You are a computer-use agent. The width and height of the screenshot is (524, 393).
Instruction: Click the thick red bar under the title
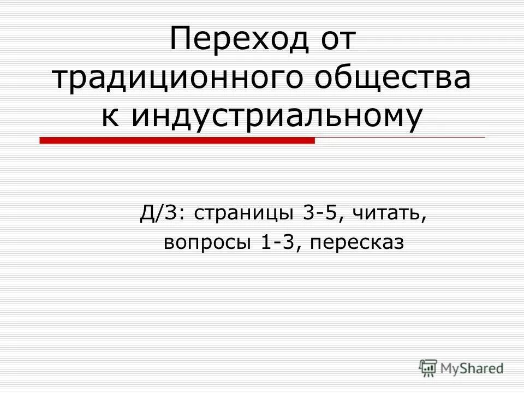click(x=177, y=141)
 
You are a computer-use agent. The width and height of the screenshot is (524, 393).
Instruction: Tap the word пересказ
click(x=358, y=243)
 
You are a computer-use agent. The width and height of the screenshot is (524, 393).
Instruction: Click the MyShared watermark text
click(x=472, y=368)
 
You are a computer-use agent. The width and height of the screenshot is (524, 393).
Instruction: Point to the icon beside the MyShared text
click(x=429, y=368)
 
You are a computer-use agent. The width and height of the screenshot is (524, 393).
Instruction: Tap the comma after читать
click(x=422, y=219)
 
